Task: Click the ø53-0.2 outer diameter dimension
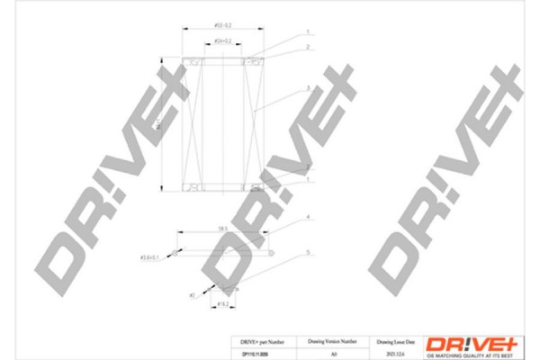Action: coord(221,24)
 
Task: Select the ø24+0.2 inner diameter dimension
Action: coord(221,41)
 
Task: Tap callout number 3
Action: coord(308,87)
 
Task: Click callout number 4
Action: coord(308,218)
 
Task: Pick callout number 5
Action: coord(308,253)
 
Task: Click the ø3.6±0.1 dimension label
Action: coord(150,258)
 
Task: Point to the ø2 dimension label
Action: coord(193,294)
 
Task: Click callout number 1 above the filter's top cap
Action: coord(308,31)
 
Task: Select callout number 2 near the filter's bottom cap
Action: coord(308,167)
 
